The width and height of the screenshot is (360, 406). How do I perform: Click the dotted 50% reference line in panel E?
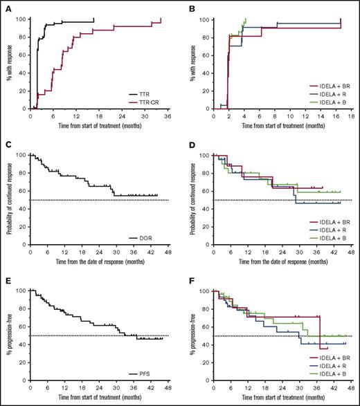[97, 335]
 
